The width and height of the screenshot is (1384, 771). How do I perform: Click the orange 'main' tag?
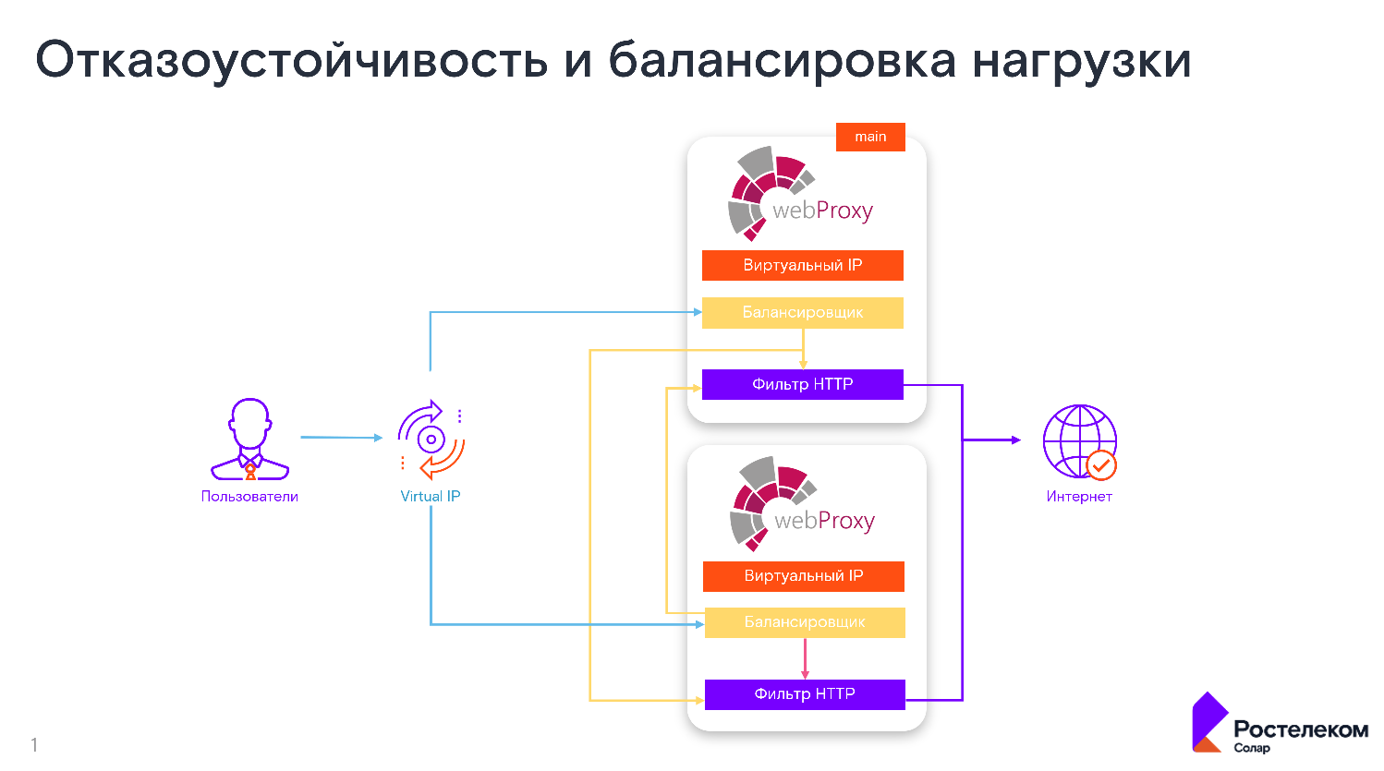[870, 137]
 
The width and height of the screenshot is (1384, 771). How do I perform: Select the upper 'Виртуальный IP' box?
[802, 265]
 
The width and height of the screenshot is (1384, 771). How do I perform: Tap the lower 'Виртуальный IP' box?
[803, 576]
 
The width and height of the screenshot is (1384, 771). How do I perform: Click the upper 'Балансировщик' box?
[802, 313]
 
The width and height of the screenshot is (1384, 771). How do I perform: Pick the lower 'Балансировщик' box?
[804, 622]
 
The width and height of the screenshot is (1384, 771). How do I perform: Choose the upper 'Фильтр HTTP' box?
[802, 384]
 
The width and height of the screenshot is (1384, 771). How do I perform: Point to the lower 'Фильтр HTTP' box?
[804, 694]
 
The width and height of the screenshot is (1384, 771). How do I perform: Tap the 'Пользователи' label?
[249, 497]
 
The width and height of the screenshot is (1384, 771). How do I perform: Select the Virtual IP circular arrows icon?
[431, 440]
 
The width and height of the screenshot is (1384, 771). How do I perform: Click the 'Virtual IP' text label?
[431, 497]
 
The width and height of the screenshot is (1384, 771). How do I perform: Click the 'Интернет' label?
[1079, 497]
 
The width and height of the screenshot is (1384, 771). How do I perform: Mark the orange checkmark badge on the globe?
[1101, 465]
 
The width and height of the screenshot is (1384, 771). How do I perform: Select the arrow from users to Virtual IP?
[340, 438]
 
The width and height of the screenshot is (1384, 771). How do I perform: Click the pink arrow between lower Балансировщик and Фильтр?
[805, 658]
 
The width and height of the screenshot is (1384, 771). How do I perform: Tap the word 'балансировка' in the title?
[782, 61]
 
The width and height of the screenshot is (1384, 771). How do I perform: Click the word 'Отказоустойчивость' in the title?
[292, 61]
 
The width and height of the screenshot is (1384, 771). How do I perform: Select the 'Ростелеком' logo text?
[1301, 729]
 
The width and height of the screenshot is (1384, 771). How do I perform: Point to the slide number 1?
[34, 744]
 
